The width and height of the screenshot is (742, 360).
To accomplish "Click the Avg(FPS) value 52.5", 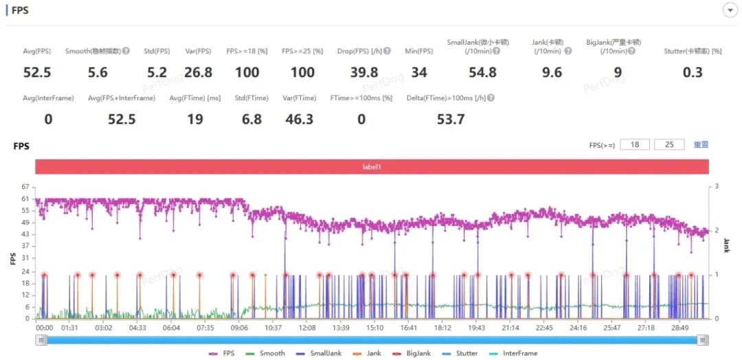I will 37,73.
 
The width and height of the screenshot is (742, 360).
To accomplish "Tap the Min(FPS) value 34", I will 419,73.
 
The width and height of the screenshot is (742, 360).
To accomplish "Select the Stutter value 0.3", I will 693,73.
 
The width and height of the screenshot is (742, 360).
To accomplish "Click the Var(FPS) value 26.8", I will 198,73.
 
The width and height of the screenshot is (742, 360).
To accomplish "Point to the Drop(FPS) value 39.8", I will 364,73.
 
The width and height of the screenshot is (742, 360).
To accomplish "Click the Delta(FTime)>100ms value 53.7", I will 451,120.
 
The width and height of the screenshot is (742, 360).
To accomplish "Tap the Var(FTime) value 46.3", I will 299,120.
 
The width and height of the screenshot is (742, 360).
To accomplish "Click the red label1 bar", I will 371,167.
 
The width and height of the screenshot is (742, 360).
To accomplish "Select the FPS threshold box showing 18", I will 634,145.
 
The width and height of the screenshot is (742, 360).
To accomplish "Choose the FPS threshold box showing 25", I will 668,145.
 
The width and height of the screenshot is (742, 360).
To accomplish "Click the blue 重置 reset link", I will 701,145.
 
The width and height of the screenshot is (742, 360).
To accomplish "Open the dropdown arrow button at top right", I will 729,10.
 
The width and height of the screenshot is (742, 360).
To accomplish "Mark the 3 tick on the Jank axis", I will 717,186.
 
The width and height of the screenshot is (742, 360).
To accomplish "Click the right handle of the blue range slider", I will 703,339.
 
